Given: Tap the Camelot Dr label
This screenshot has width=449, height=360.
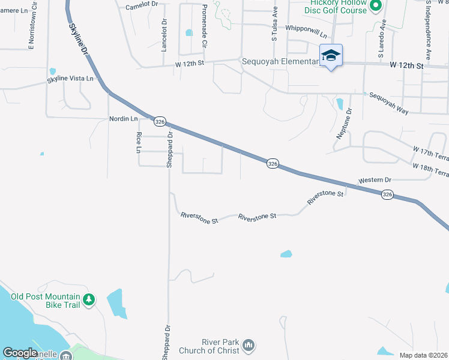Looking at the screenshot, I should [x=142, y=4].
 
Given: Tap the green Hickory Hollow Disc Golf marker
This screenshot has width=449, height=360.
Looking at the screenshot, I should [x=376, y=7].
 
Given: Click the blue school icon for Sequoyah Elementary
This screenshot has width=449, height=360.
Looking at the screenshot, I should [x=331, y=56].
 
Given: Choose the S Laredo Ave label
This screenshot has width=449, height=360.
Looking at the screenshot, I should [x=381, y=41].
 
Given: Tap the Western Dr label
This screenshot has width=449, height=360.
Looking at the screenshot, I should [x=375, y=180].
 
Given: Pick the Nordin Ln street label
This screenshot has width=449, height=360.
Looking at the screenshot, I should [x=124, y=119].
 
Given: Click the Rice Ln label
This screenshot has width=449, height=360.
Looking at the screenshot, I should [x=139, y=142].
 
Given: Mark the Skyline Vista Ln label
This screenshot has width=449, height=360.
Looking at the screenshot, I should [x=71, y=79].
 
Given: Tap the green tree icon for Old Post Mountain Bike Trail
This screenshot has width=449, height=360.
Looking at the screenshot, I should [x=89, y=299].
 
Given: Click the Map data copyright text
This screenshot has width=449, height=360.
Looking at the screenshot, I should [x=423, y=355].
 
